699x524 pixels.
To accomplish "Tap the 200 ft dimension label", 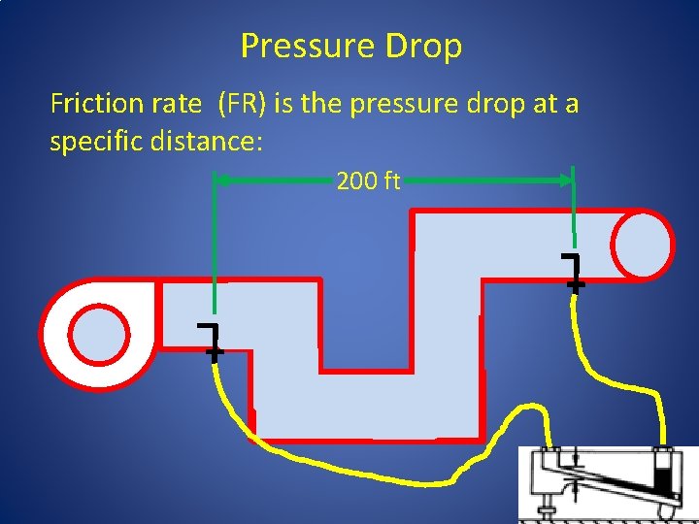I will (x=368, y=180).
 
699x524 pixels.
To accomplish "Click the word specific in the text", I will (x=94, y=142).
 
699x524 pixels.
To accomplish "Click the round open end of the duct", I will (x=641, y=244).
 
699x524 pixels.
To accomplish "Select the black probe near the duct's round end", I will (x=574, y=272).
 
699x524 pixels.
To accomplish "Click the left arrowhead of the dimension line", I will (x=220, y=180).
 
